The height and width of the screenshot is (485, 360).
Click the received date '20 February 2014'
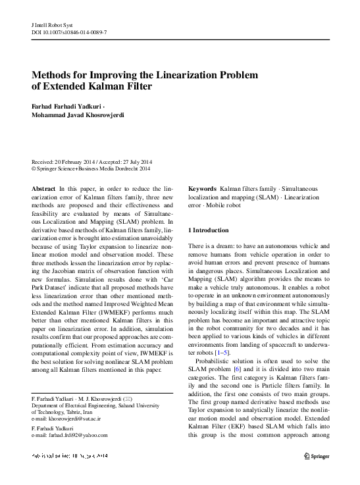(75, 161)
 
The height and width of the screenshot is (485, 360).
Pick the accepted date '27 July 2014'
(135, 161)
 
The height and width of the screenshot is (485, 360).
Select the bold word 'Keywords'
(202, 188)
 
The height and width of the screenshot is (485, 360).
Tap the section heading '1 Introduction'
(209, 230)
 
